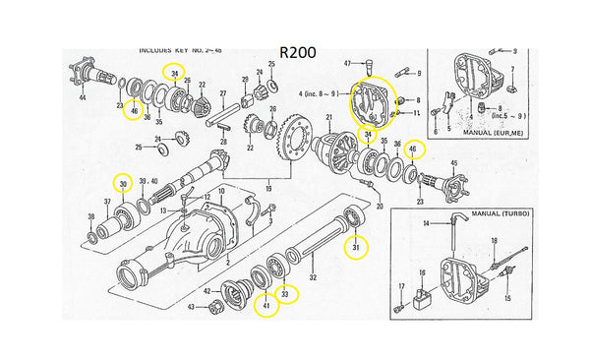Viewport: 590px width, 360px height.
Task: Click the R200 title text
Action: click(x=297, y=52)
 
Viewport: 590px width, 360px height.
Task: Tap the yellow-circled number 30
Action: click(x=123, y=183)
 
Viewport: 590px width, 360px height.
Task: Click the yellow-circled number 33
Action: click(x=283, y=292)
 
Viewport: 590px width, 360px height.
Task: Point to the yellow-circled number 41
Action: click(x=264, y=308)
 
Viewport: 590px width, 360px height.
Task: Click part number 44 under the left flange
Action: click(x=82, y=99)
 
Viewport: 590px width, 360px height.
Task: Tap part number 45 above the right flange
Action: click(x=454, y=163)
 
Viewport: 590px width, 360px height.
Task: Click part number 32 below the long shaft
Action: click(x=314, y=279)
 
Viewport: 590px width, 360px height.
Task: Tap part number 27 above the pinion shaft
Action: click(x=223, y=94)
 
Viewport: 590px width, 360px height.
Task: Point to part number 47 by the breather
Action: click(x=348, y=63)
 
